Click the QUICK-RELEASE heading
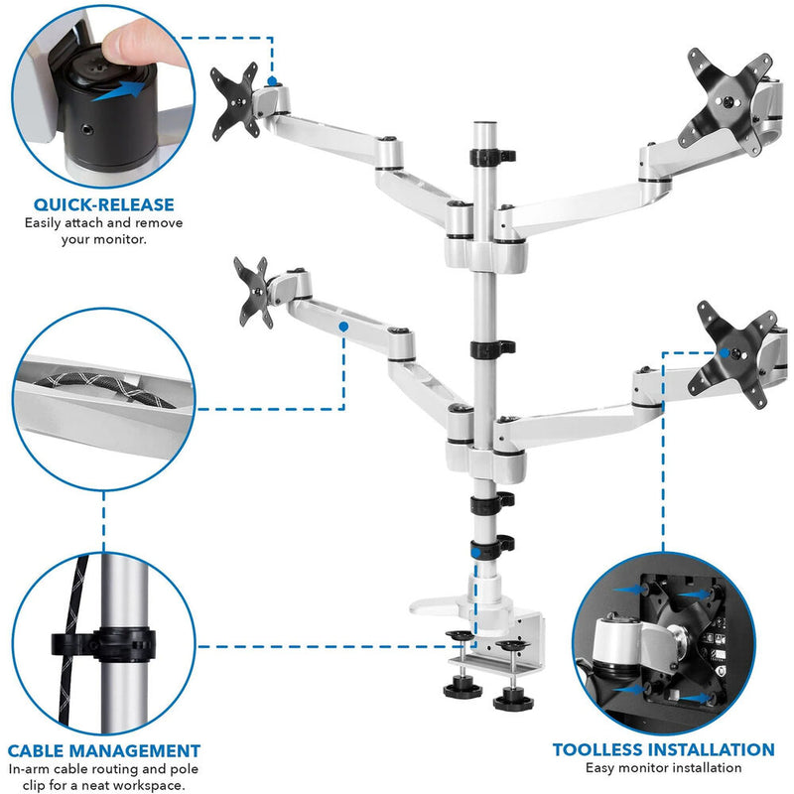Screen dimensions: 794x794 tap(103, 204)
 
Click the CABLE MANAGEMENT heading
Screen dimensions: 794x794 tap(104, 751)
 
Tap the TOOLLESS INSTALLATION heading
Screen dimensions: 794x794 tap(663, 749)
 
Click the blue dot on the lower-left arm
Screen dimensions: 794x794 tap(342, 325)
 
